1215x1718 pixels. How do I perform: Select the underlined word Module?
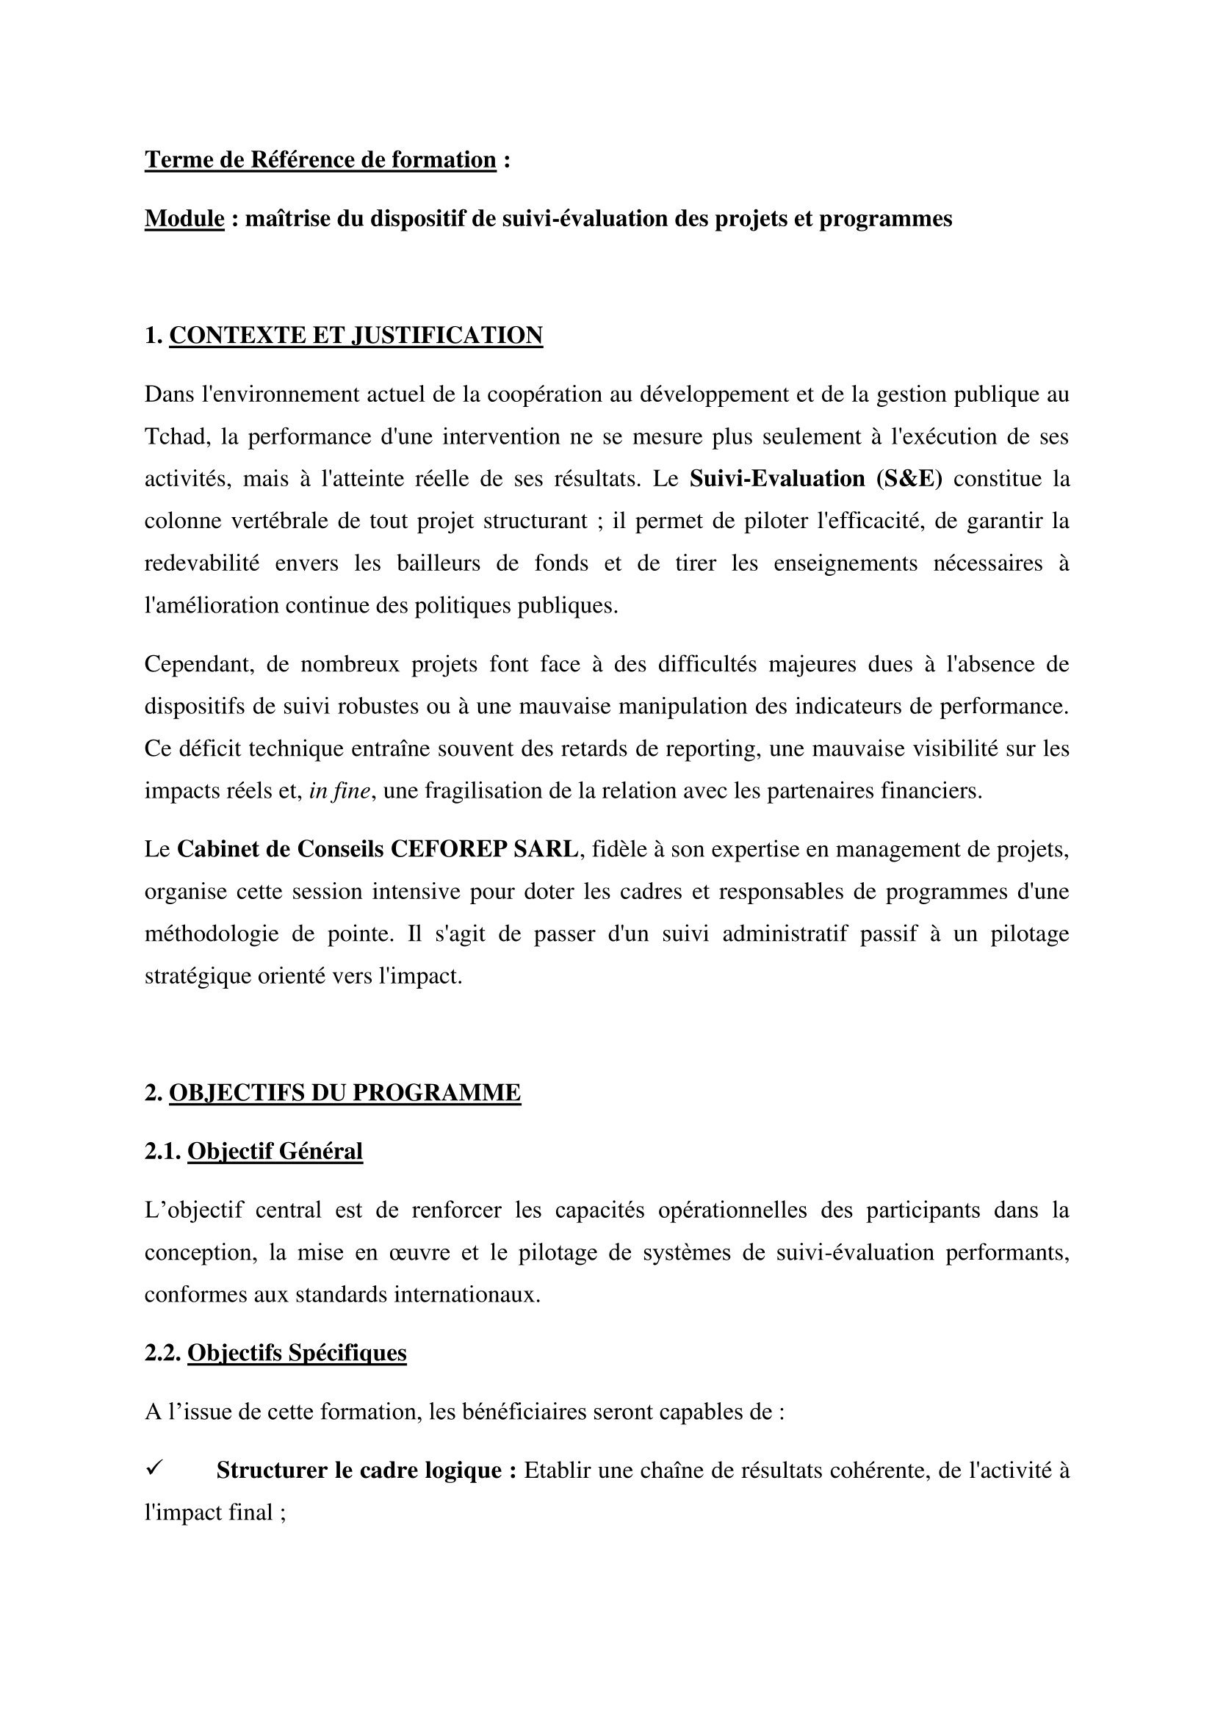pos(184,218)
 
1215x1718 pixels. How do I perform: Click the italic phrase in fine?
pos(339,791)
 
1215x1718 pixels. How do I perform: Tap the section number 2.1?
pos(163,1152)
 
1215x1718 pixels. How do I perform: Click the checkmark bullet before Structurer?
pos(154,1470)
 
